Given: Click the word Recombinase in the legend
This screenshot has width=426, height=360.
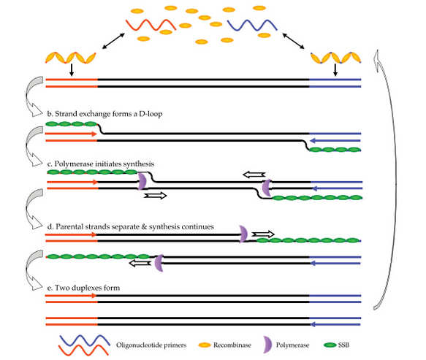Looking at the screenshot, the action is pos(232,345).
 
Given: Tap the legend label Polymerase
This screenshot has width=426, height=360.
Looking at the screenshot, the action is pos(292,345).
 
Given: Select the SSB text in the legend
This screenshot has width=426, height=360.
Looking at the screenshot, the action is pos(343,345).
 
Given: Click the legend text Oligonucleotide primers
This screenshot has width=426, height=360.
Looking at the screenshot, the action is pos(151,345).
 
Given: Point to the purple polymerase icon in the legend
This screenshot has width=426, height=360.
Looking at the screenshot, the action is pos(267,345).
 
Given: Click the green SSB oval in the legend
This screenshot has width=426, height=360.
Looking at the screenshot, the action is pos(330,345).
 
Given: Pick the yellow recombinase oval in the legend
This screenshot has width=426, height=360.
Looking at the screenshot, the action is pos(205,345).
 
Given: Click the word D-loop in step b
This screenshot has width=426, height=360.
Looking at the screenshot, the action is pos(151,114).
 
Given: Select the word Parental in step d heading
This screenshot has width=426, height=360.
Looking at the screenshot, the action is pos(69,226).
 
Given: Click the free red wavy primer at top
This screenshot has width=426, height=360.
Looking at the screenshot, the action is pos(151,25).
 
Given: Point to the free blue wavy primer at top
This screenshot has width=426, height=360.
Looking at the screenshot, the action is pos(252,26).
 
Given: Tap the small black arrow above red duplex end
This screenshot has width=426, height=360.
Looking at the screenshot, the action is pos(72,70).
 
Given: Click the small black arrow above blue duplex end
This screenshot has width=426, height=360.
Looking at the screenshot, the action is pos(335,70).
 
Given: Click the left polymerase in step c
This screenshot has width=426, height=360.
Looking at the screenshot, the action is pos(142,181).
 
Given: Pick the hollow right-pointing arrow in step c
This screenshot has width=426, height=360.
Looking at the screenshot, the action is pos(155,196).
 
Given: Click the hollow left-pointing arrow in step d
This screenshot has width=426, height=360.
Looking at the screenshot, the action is pos(140,263).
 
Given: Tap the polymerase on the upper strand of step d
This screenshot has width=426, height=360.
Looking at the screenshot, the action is pos(244,234).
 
